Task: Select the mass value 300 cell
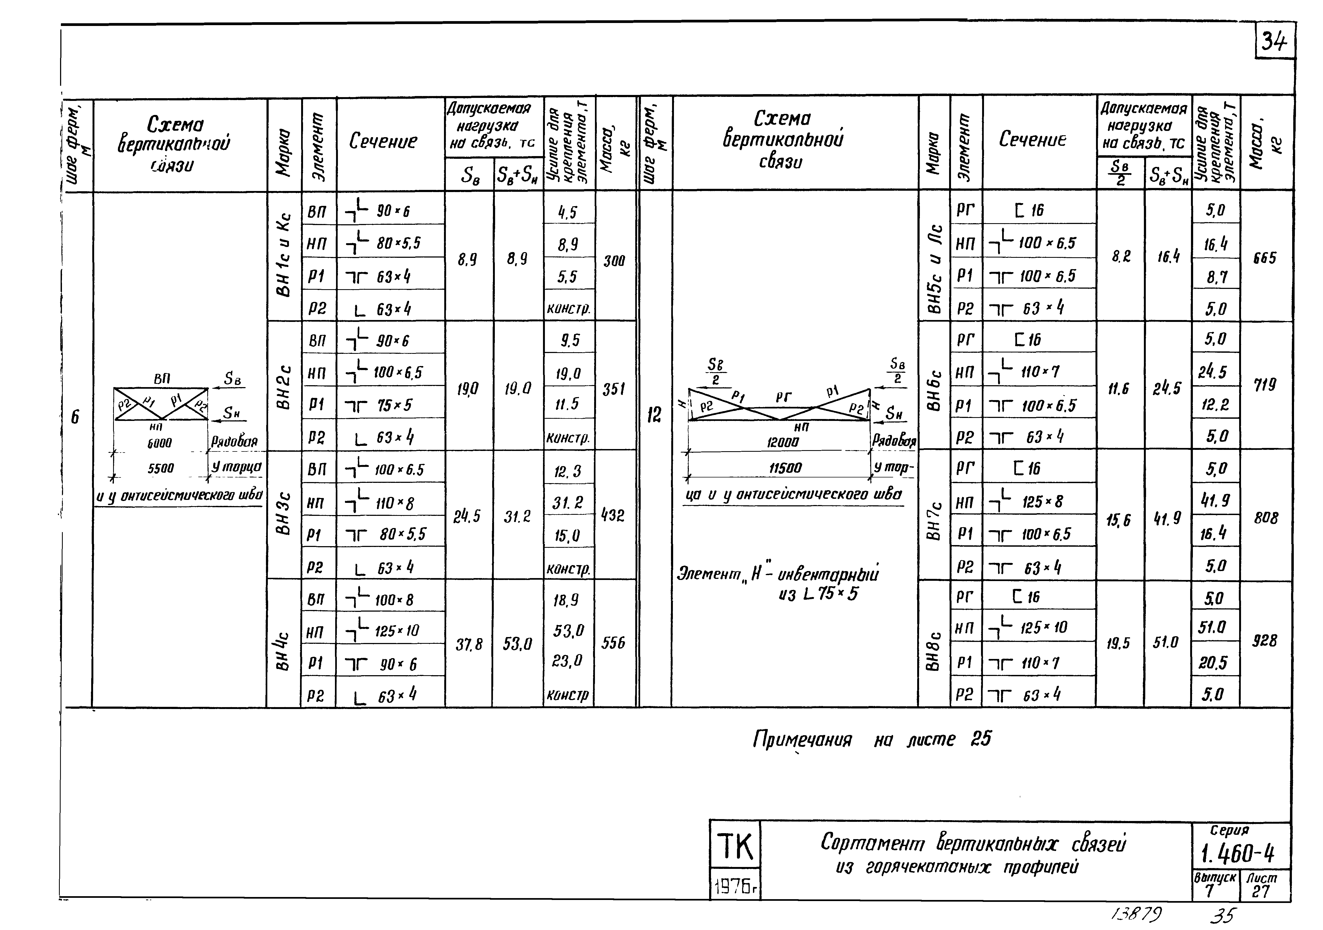(x=614, y=261)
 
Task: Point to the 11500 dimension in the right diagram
(x=785, y=468)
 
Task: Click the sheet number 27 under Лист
(x=1261, y=891)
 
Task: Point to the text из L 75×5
(x=818, y=593)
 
